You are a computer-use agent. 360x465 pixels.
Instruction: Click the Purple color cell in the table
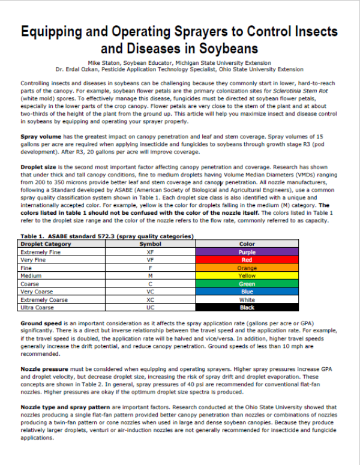click(x=247, y=253)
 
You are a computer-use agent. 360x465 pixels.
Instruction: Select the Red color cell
click(x=247, y=260)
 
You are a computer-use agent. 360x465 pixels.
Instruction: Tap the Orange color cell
click(x=247, y=268)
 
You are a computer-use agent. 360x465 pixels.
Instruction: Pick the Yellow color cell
click(x=247, y=276)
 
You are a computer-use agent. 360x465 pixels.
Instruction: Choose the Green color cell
click(x=247, y=284)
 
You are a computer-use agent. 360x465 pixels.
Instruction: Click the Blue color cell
click(x=247, y=292)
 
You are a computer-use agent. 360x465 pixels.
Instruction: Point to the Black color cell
click(x=247, y=307)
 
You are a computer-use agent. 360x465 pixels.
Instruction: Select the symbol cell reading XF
click(x=150, y=253)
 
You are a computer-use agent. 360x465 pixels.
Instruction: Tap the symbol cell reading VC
click(x=150, y=292)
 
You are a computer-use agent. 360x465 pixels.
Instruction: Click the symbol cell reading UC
click(x=150, y=307)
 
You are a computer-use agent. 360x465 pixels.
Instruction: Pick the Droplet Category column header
click(x=46, y=245)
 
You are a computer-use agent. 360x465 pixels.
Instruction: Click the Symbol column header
click(x=150, y=245)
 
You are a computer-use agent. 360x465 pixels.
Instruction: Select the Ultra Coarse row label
click(x=38, y=307)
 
